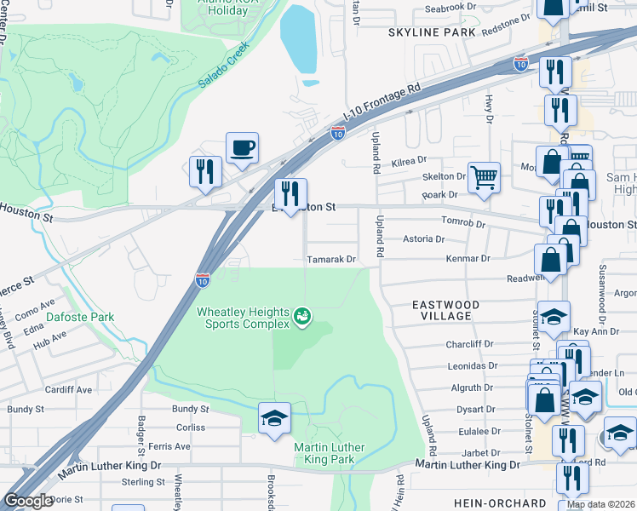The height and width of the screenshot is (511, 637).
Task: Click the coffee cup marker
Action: coord(242,147)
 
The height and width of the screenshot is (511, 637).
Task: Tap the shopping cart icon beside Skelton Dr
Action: coord(484,177)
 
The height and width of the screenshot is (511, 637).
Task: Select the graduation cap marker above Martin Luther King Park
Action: coord(274,417)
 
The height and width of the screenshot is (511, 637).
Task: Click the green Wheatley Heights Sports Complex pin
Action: coord(301,319)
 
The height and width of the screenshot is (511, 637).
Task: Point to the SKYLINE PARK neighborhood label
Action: coord(431,32)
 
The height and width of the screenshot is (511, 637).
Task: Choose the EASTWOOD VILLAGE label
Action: coord(445,310)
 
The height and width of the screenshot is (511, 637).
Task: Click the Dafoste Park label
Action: coord(80,317)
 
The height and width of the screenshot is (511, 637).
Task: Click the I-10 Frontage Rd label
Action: coord(382,100)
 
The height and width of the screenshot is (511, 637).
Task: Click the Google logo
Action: coord(28,501)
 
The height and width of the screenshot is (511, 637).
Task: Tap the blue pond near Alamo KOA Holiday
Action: coord(298,38)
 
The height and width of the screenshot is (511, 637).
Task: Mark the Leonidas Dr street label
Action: coord(472,366)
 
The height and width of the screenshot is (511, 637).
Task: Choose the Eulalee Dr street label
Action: coord(475,432)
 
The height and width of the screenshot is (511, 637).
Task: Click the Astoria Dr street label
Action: coord(423,240)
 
